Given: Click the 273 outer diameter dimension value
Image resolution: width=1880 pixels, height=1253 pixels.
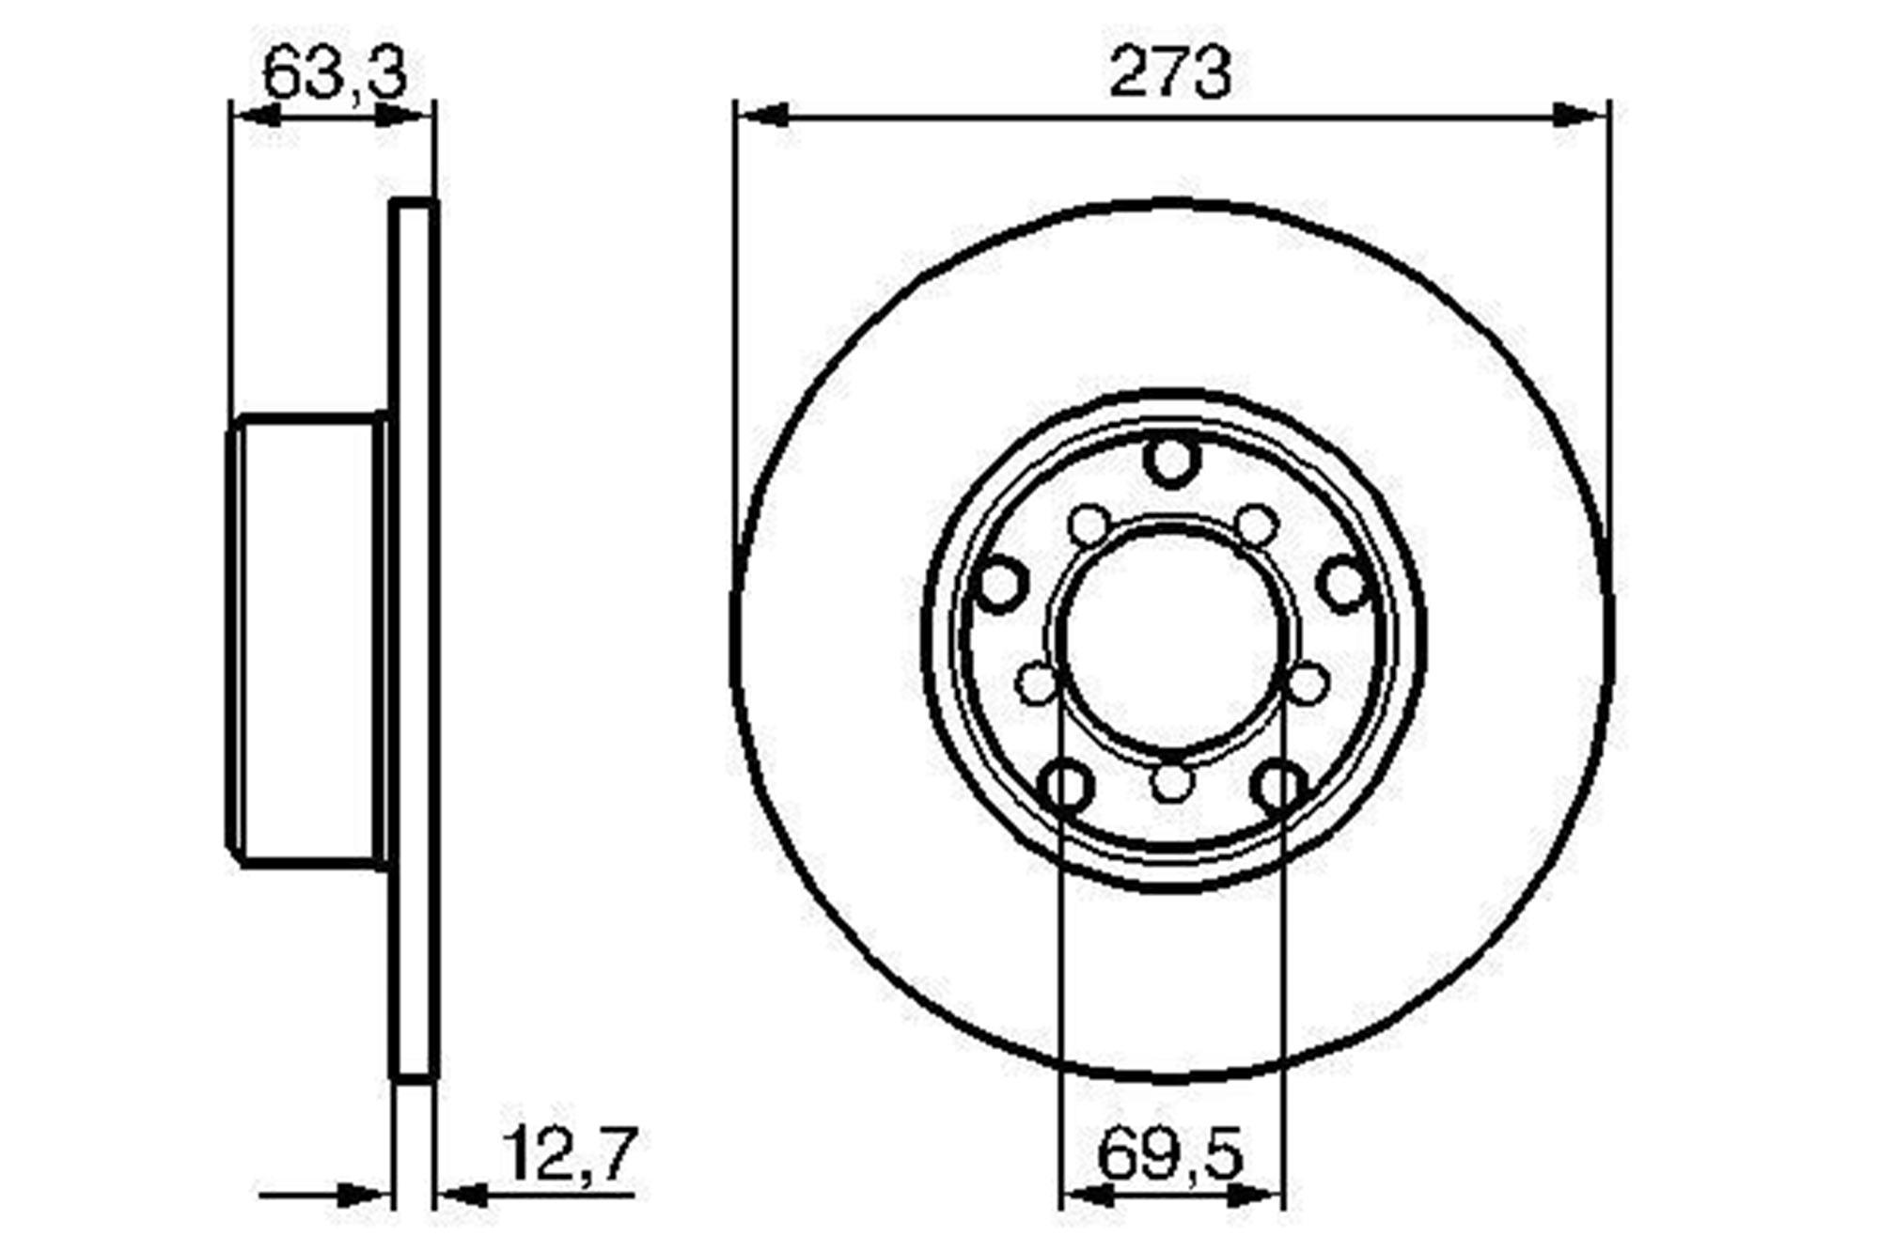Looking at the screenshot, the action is pos(1168,72).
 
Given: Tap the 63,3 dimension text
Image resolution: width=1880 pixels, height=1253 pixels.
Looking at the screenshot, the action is pos(335,74).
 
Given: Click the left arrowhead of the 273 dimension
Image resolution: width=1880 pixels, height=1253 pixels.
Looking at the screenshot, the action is pos(762,116).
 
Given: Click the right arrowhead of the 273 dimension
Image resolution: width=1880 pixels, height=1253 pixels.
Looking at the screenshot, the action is pos(1580,116).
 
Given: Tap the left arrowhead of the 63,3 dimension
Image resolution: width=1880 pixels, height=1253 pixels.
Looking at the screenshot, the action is pos(257,116).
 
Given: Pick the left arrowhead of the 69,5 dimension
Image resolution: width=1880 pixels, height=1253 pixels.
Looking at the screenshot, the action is pos(1088,1196).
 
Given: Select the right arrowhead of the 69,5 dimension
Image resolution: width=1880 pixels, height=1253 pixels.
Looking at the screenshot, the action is pos(1256,1196).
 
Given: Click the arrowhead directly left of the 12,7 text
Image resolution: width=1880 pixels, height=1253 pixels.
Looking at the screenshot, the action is pos(463,1196).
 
